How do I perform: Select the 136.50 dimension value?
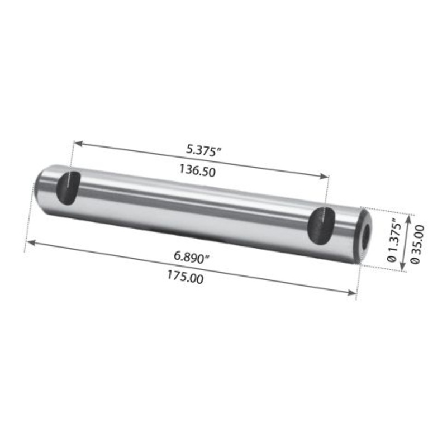click(197, 172)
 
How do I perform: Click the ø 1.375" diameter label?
click(391, 240)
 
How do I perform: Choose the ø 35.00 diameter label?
click(416, 245)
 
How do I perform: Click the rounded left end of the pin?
click(40, 182)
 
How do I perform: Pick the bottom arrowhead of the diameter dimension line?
click(402, 267)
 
